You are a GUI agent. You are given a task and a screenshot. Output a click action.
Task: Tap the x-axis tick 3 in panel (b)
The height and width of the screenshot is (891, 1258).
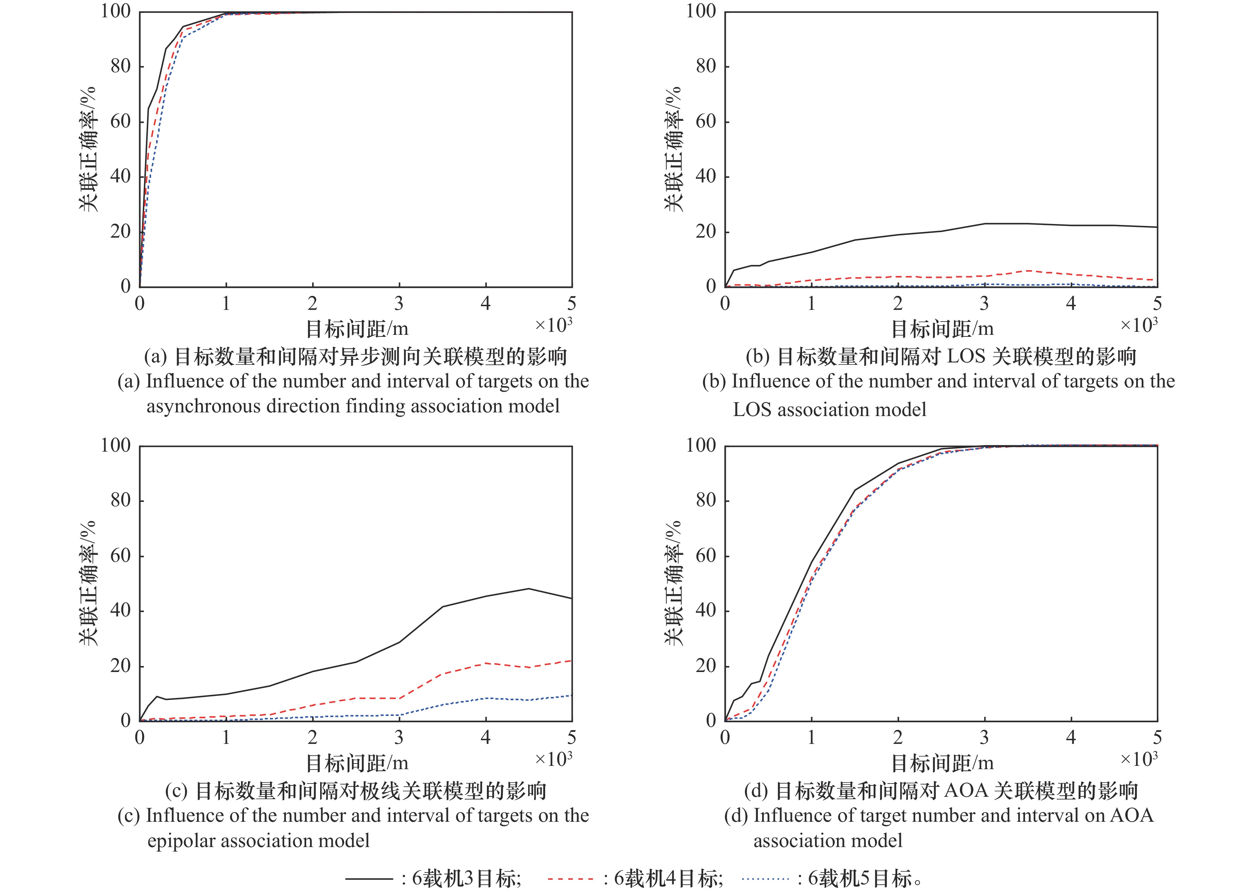(x=984, y=304)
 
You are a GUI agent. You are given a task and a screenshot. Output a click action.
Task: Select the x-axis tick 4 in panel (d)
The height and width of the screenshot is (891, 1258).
(x=1070, y=737)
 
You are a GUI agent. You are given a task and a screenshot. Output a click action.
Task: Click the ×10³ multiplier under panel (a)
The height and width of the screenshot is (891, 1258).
(x=553, y=326)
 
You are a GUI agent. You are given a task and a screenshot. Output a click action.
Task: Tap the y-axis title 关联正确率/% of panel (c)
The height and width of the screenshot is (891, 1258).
(x=88, y=583)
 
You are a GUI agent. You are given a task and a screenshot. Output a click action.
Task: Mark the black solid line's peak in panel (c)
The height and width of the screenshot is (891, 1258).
(x=528, y=589)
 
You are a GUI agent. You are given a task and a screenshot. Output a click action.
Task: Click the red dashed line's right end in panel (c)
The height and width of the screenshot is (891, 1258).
(x=571, y=661)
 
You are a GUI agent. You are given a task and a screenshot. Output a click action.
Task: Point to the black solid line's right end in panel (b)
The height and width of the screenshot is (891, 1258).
(x=1156, y=227)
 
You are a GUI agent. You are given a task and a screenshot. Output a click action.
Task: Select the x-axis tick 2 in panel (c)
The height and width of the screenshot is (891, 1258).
(x=312, y=737)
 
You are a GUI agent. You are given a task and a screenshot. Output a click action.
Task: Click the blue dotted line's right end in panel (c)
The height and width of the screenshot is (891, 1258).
(x=571, y=696)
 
